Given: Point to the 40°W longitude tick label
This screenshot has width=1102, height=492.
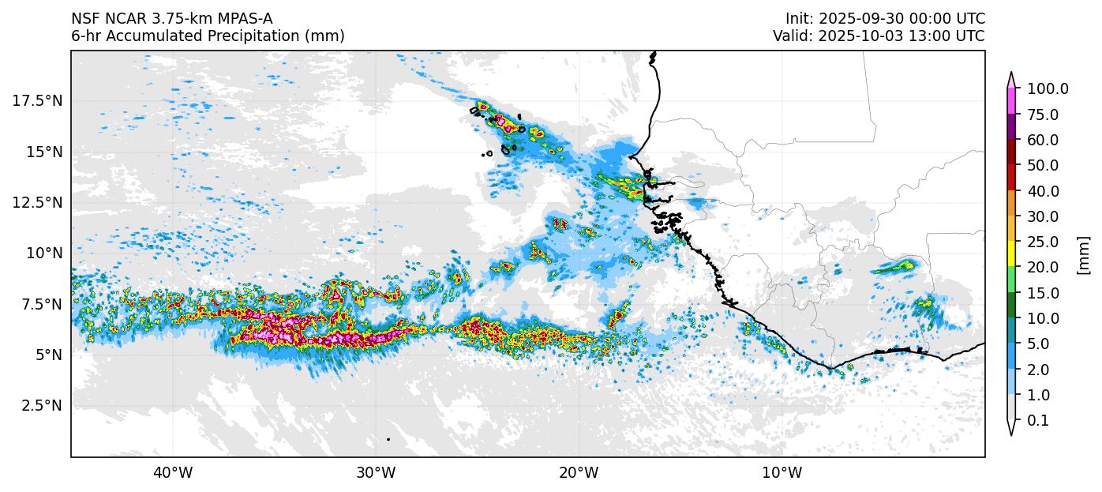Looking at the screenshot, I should point(172,473).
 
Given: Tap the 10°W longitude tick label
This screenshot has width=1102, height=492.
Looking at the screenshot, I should point(782,473).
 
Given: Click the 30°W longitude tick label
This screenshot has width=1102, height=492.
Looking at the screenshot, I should point(375,473).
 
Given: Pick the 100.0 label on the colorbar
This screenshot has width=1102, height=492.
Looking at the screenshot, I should point(1048,89).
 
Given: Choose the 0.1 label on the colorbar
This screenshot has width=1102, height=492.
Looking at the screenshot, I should point(1038,421).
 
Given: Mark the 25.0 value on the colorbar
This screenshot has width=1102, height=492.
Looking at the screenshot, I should point(1044,242).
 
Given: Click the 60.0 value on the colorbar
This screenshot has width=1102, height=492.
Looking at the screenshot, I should point(1044,141).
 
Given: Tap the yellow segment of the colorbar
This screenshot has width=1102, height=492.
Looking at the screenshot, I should point(1011,254).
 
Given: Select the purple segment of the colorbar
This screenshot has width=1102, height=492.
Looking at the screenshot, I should point(1011,126).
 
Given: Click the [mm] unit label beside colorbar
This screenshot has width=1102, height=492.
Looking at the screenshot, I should point(1083,255).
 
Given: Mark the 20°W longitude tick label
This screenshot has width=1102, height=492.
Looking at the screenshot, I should point(579,473).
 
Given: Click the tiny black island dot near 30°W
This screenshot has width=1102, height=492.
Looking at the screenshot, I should point(388,439).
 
